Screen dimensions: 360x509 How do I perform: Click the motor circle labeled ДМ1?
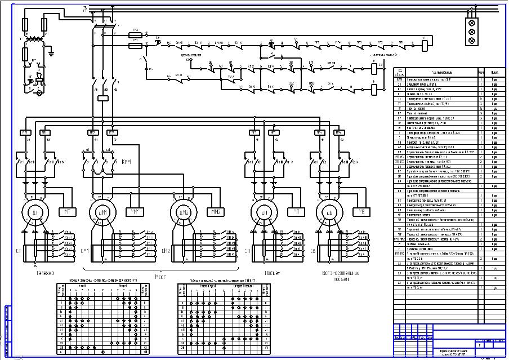tap(103, 212)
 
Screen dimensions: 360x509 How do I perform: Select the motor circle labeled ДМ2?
tap(185, 212)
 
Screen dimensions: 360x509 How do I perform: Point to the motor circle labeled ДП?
tap(264, 212)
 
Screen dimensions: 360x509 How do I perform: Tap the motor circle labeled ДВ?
tap(330, 212)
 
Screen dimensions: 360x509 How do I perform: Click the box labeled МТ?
tap(68, 212)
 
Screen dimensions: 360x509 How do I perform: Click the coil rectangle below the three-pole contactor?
tap(103, 97)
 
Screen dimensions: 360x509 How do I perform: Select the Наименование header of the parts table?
tap(439, 72)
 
